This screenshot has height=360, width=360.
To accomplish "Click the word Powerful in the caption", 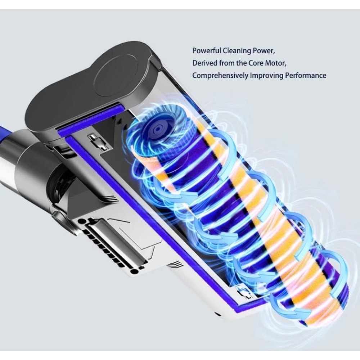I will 206,50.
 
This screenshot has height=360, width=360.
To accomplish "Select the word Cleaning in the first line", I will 238,50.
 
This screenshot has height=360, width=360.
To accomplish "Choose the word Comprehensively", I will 220,76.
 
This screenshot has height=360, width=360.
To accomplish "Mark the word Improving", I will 266,76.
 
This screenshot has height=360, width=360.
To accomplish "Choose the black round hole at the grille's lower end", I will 134,271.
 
